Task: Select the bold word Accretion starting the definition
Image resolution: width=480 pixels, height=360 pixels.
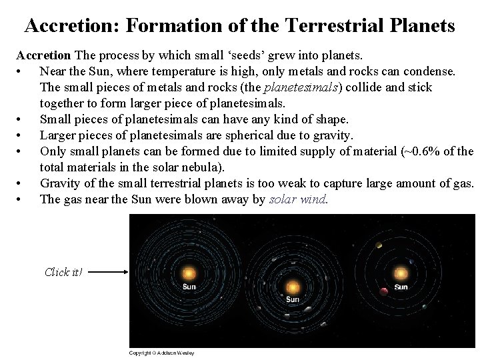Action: pyautogui.click(x=43, y=55)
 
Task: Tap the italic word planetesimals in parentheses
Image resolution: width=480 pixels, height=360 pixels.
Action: pyautogui.click(x=301, y=87)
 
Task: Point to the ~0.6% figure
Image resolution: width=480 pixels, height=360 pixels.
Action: pyautogui.click(x=423, y=151)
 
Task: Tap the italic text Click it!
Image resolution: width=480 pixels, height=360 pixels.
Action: pyautogui.click(x=63, y=272)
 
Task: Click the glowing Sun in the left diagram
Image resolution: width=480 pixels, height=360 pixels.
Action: pyautogui.click(x=189, y=273)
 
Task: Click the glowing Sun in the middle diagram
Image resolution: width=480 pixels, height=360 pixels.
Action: pyautogui.click(x=293, y=287)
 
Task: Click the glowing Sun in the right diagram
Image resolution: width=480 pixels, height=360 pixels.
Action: pyautogui.click(x=400, y=273)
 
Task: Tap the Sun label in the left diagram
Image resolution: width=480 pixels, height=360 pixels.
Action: pyautogui.click(x=189, y=287)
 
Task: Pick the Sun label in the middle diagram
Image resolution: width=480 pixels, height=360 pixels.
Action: pyautogui.click(x=293, y=300)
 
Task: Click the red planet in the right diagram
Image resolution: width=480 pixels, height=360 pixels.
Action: pyautogui.click(x=383, y=291)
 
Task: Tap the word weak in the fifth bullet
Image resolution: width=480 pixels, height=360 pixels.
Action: pyautogui.click(x=294, y=183)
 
